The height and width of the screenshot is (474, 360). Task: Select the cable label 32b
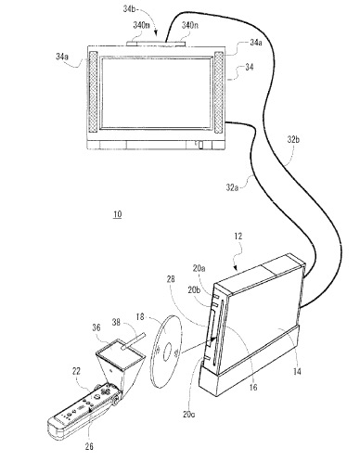(293, 140)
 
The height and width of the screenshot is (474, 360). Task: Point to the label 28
(169, 278)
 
